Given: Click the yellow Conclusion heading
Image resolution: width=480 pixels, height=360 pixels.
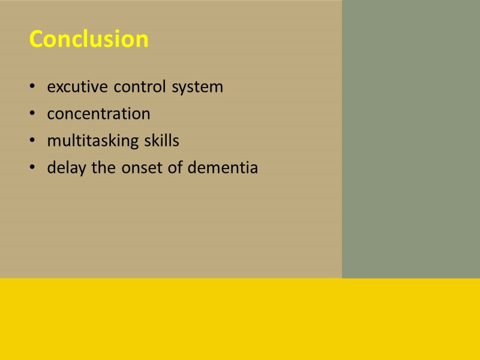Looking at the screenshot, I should pos(89,39).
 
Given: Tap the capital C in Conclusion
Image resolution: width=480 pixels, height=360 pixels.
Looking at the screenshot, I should pos(37,39).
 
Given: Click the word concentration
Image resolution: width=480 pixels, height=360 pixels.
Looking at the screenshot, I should pos(98,113).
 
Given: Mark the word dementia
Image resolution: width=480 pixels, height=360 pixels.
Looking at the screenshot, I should pos(223,168).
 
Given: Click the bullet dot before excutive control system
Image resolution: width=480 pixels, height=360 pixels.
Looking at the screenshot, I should pos(32,88).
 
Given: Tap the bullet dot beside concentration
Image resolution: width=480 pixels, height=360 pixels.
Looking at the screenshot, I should pos(32,114).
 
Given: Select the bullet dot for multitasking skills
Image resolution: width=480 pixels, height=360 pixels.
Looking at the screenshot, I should pos(32,142).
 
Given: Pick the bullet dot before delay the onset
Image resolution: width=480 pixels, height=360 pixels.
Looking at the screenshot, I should pos(32,169).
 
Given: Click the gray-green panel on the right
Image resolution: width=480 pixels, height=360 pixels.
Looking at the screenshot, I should pos(410,138).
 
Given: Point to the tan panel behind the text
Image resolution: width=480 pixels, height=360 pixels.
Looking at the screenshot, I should pos(180,228).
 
